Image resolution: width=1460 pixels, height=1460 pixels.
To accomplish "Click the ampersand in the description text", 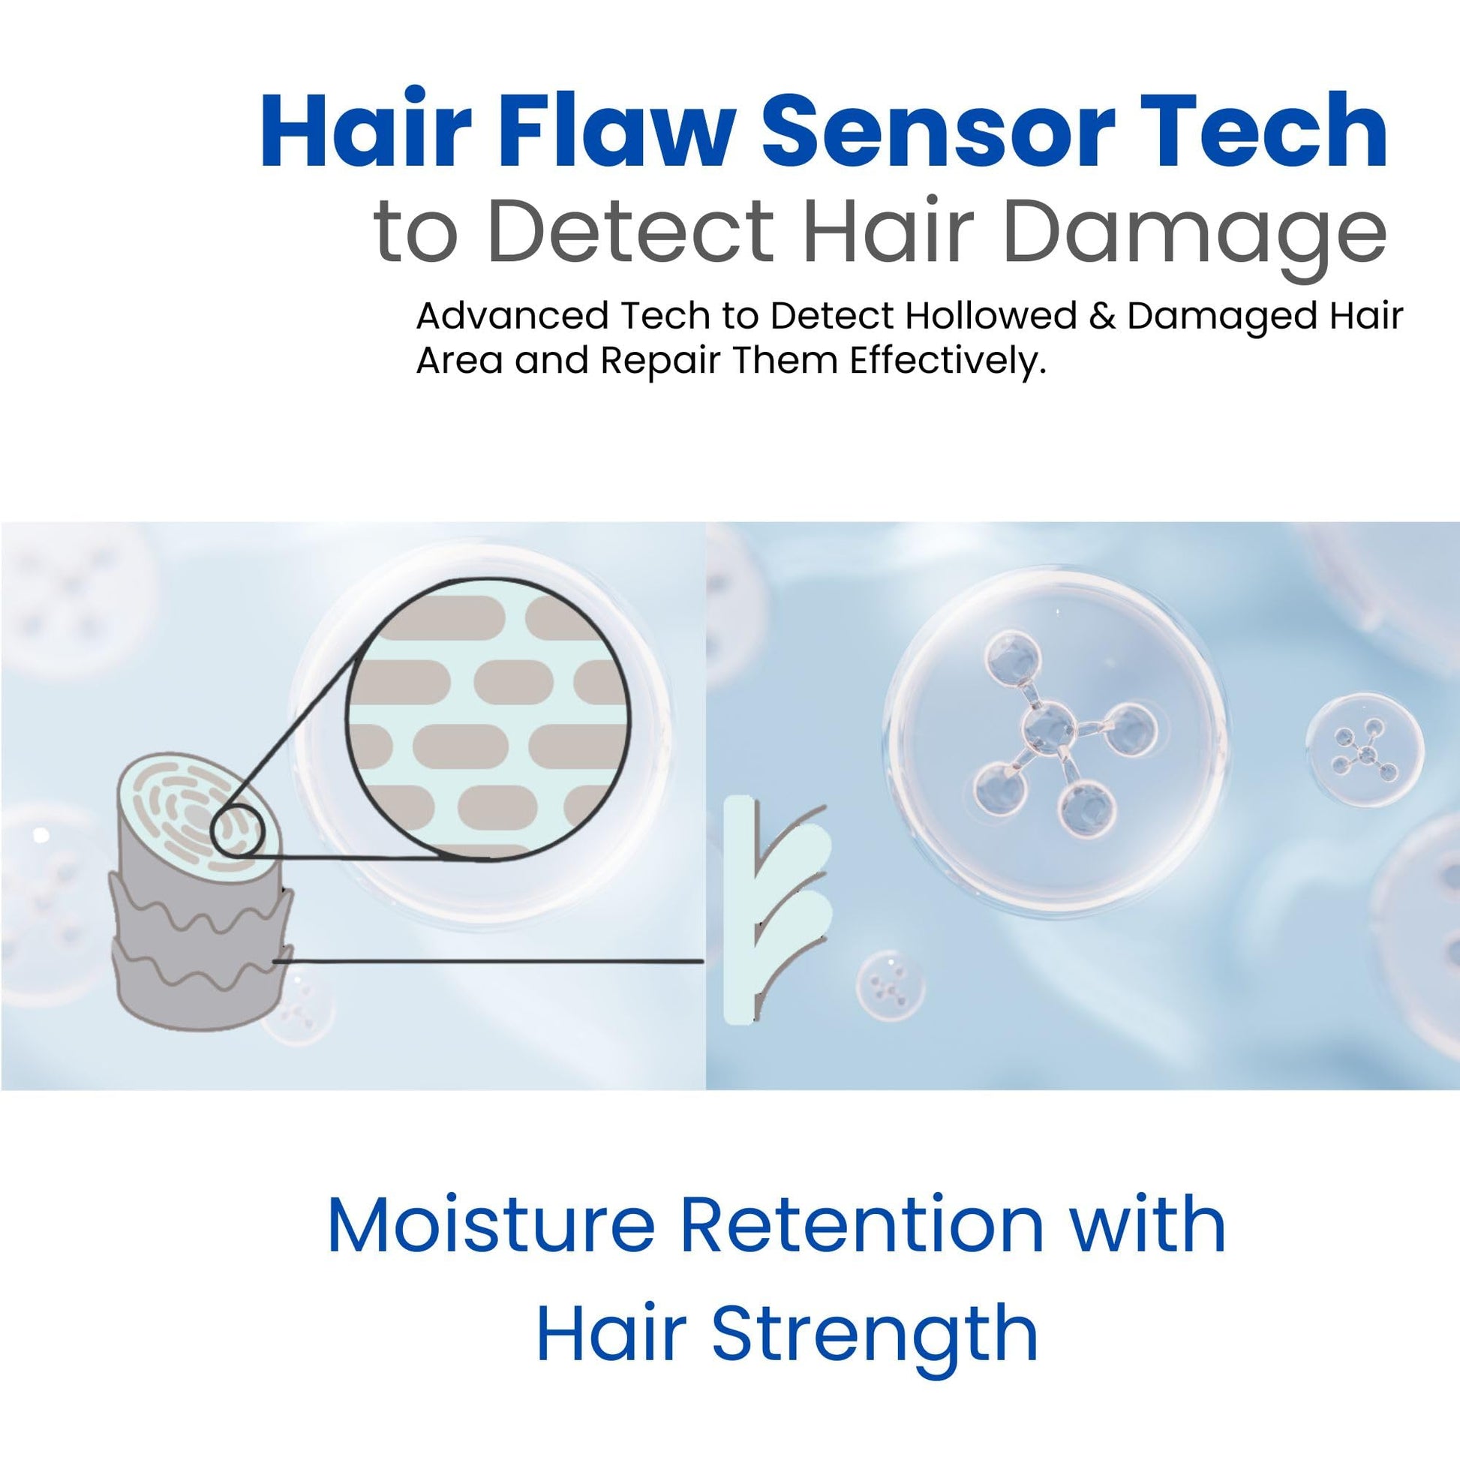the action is pyautogui.click(x=1102, y=316).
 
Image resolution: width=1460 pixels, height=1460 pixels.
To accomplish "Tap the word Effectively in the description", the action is pyautogui.click(x=948, y=361).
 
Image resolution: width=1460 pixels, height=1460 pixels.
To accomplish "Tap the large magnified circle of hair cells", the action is pyautogui.click(x=488, y=719).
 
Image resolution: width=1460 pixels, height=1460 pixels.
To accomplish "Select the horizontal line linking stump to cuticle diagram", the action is pyautogui.click(x=488, y=961).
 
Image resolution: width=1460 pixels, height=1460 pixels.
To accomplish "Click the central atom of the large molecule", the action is pyautogui.click(x=1047, y=729).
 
